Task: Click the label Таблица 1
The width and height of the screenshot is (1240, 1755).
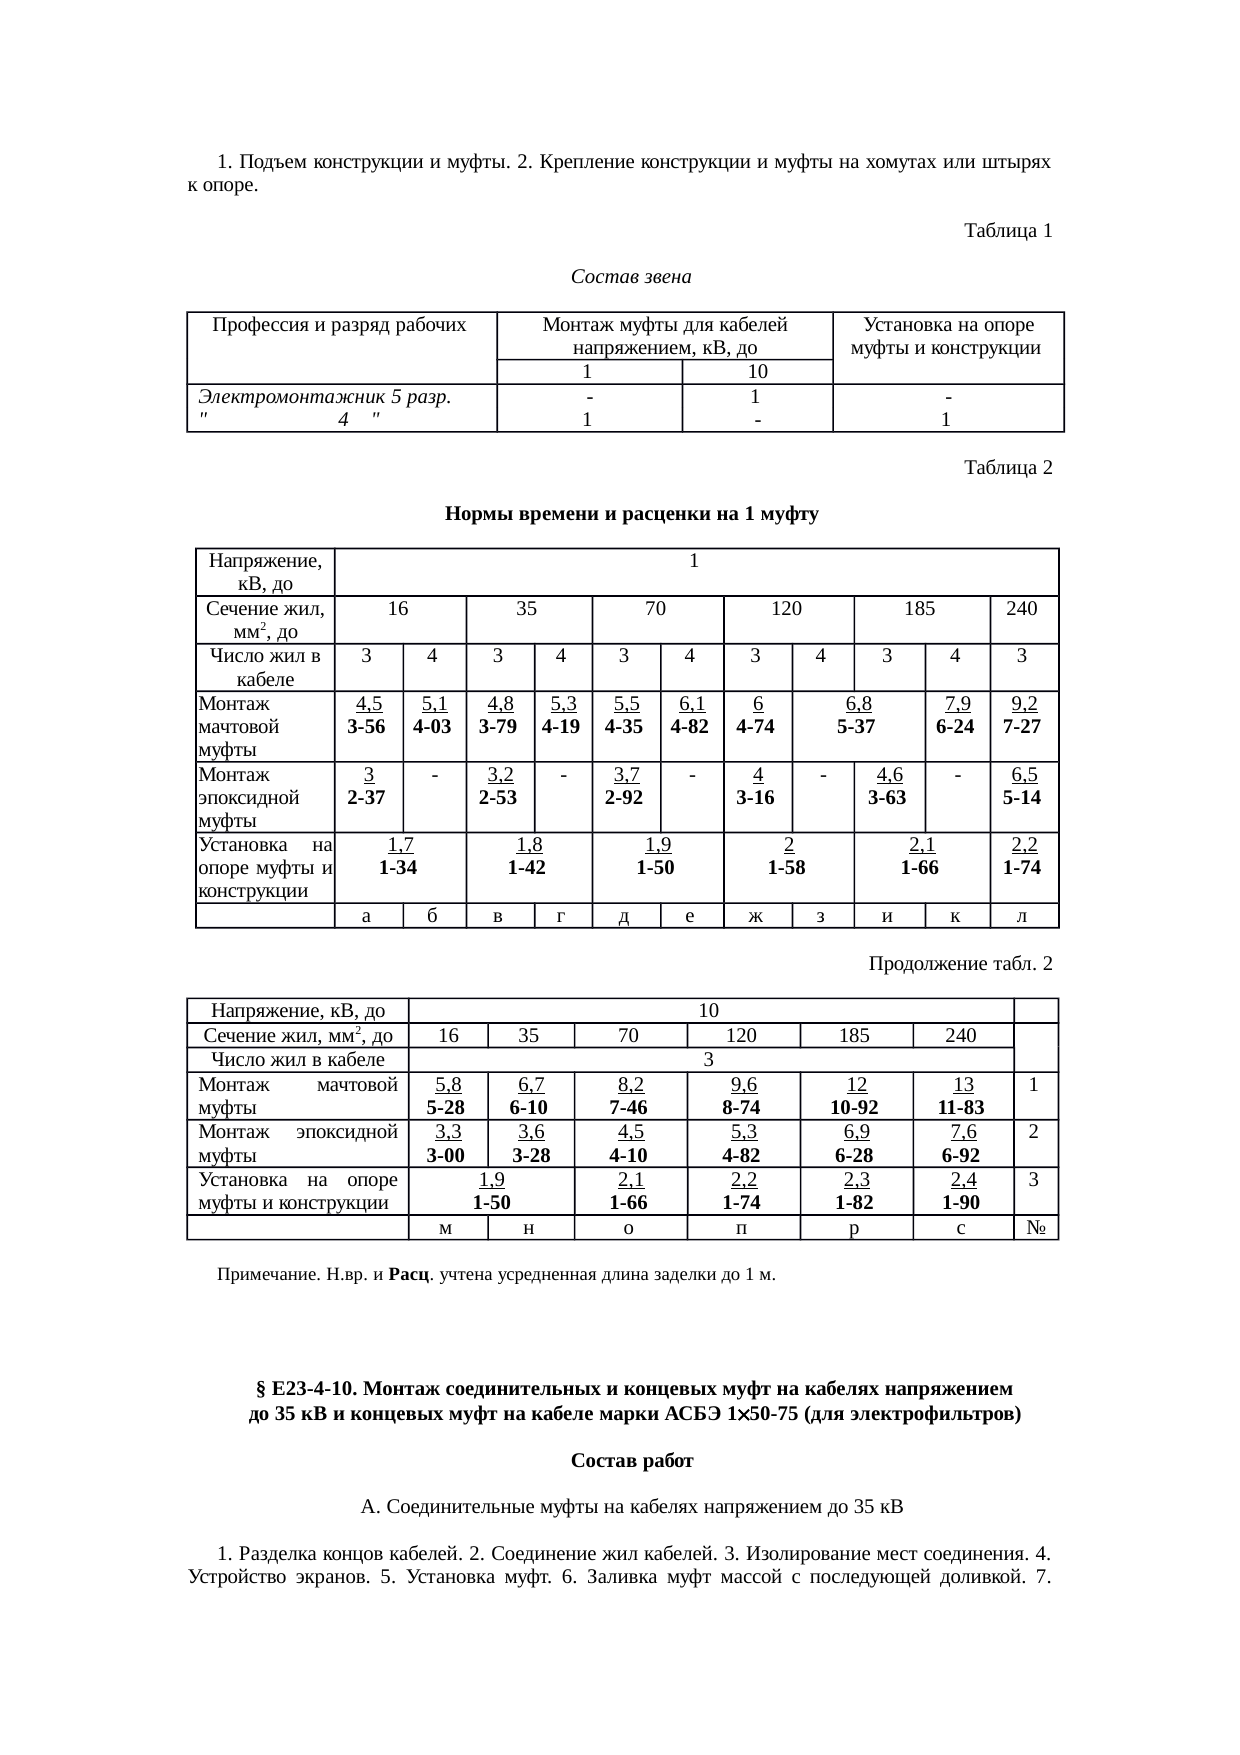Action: [x=1007, y=231]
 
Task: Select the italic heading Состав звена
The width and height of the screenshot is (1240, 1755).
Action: [x=631, y=276]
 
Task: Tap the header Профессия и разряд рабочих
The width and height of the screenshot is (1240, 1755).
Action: [x=340, y=325]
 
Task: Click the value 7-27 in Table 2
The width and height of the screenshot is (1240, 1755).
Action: [x=1022, y=727]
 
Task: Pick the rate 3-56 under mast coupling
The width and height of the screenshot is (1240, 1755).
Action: [x=366, y=727]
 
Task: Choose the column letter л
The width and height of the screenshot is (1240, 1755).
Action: [x=1023, y=916]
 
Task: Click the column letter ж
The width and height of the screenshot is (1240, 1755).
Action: [x=757, y=916]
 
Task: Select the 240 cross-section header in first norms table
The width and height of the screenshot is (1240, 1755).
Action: [x=1022, y=608]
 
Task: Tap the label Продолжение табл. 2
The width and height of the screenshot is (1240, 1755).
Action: [x=960, y=964]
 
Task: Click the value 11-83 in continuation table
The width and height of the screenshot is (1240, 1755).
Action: [x=961, y=1107]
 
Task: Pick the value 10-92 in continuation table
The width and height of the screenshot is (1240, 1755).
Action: [x=855, y=1107]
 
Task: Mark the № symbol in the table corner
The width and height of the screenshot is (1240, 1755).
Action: [x=1036, y=1228]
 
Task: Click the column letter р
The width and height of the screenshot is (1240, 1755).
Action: [x=855, y=1228]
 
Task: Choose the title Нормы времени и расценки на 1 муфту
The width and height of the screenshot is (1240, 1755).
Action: [x=631, y=515]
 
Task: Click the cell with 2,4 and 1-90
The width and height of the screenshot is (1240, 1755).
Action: [x=961, y=1191]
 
